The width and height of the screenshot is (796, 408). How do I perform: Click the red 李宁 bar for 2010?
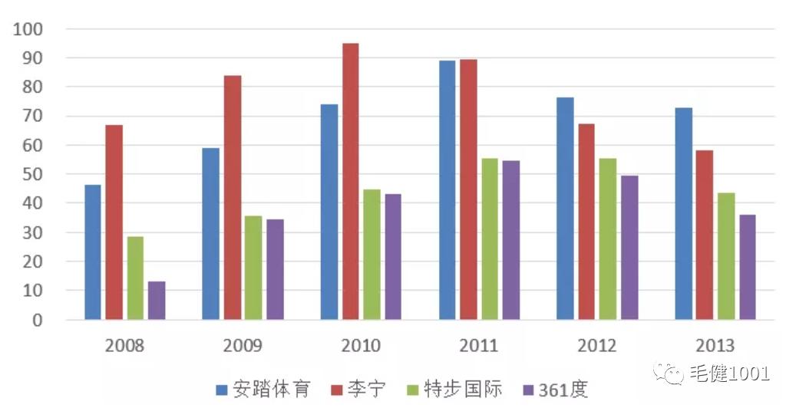pyautogui.click(x=350, y=181)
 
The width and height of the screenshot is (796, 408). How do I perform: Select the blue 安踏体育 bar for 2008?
pyautogui.click(x=93, y=252)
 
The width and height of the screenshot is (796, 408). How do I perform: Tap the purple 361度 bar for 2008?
pyautogui.click(x=157, y=300)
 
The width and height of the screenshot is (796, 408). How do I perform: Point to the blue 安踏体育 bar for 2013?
pyautogui.click(x=684, y=213)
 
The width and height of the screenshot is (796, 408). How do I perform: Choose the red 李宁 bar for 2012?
pyautogui.click(x=586, y=221)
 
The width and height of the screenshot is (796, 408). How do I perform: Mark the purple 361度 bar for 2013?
pyautogui.click(x=747, y=267)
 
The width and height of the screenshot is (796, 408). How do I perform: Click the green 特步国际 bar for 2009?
pyautogui.click(x=253, y=268)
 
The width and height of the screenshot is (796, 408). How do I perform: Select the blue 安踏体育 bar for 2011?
pyautogui.click(x=447, y=189)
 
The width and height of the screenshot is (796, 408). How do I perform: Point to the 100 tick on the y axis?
pyautogui.click(x=28, y=29)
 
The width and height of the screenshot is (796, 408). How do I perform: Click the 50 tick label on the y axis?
pyautogui.click(x=33, y=175)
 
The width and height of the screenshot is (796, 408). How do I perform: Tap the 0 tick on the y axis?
pyautogui.click(x=38, y=320)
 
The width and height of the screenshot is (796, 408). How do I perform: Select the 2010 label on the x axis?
pyautogui.click(x=360, y=346)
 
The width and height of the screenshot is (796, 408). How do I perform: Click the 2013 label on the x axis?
pyautogui.click(x=715, y=346)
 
